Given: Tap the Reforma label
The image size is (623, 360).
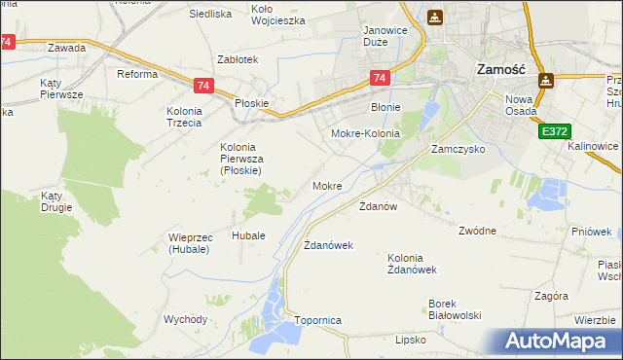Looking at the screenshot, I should [137, 74].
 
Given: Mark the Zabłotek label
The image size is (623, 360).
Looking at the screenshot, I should [238, 59].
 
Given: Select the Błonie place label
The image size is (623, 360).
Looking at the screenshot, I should [386, 108].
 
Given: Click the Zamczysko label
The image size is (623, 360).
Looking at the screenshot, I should [458, 150].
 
